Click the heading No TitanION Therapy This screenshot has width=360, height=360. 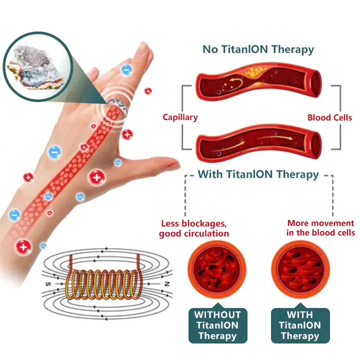pos(258,49)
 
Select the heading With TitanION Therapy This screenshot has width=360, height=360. pos(258,174)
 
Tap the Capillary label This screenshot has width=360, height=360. pos(180,117)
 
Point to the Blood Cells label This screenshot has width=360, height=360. pos(329,117)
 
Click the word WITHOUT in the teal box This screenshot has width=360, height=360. pos(217,315)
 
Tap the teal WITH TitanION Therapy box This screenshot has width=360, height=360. pos(300,325)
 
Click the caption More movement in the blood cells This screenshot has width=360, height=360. pos(320,228)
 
